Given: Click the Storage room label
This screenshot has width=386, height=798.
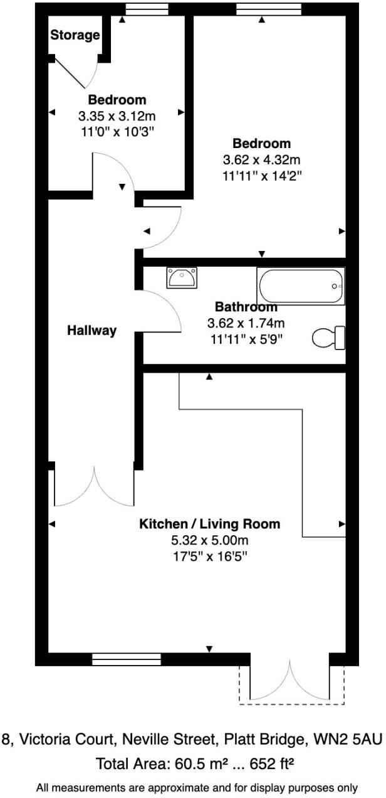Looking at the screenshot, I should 75,35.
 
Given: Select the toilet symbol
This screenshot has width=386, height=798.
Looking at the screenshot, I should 330,338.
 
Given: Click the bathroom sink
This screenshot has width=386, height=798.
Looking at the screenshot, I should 182,277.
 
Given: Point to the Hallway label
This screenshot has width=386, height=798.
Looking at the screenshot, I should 92,331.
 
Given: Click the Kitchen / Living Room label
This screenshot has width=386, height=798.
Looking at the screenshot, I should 209,524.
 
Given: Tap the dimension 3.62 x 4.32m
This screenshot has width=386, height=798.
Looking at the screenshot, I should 262,159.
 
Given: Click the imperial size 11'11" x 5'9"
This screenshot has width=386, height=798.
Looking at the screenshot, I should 246,340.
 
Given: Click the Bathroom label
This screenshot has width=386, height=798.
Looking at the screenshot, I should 246,307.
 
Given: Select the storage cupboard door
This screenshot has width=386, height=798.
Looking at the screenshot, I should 74,73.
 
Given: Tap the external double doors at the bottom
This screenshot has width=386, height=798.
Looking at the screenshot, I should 290,681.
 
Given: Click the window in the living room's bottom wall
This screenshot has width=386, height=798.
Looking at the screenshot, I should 127,659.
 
